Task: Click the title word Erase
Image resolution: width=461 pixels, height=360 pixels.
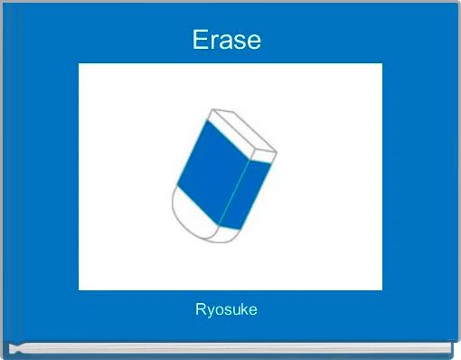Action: click(x=226, y=40)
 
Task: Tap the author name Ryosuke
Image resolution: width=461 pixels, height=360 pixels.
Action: click(x=226, y=310)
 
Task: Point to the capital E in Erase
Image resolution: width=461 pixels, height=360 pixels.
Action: click(x=200, y=40)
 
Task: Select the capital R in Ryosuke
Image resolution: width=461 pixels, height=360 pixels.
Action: click(x=201, y=309)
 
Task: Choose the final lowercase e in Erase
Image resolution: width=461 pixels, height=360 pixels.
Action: click(x=253, y=42)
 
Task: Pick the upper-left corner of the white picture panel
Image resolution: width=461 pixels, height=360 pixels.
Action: click(x=80, y=64)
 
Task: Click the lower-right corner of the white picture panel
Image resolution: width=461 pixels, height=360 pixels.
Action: click(x=381, y=289)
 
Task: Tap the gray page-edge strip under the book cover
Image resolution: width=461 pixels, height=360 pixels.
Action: click(x=230, y=348)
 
